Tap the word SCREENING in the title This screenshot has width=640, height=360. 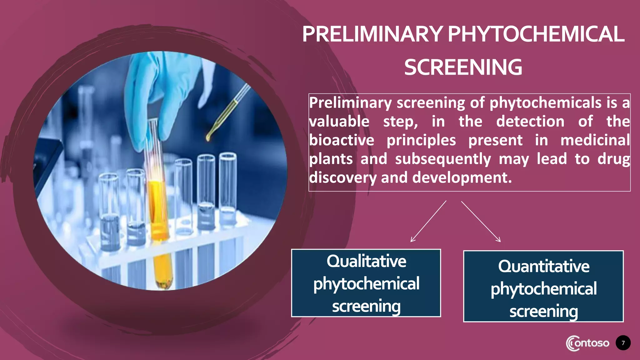[463, 67]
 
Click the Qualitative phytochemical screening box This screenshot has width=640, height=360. [366, 283]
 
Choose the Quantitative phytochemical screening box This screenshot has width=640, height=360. [543, 286]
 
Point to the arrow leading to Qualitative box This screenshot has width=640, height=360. [428, 221]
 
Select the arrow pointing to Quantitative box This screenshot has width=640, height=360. [481, 221]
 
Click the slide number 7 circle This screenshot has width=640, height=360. [623, 343]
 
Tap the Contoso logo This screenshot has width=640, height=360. [587, 343]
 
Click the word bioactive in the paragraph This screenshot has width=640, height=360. [342, 140]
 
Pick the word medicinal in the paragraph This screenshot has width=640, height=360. [595, 140]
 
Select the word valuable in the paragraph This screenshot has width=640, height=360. [339, 122]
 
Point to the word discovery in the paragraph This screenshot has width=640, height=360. [342, 178]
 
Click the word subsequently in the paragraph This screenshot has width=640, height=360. [443, 159]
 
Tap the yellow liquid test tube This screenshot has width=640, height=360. [159, 219]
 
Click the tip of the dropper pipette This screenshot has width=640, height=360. [208, 138]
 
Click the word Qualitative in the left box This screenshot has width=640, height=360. [366, 261]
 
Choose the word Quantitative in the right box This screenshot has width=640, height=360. [543, 267]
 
